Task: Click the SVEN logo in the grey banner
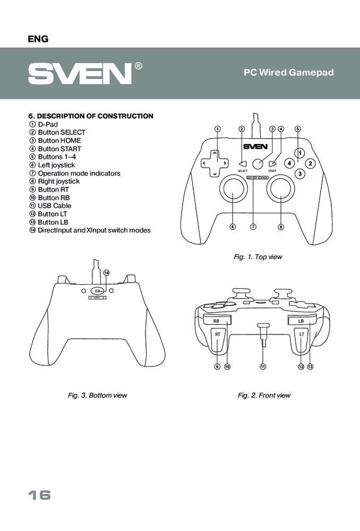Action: click(80, 73)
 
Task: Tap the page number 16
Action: click(40, 495)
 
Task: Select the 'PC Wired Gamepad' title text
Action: click(288, 73)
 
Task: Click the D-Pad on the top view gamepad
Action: click(214, 163)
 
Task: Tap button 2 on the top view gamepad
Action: click(311, 164)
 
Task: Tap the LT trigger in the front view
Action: click(301, 340)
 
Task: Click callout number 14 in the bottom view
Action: click(106, 272)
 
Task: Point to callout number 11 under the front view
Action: click(262, 366)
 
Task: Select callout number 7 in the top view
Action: click(253, 227)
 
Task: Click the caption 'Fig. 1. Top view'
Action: click(258, 257)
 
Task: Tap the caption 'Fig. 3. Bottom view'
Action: click(97, 396)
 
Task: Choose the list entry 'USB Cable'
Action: click(54, 205)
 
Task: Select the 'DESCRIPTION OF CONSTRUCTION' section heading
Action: click(91, 116)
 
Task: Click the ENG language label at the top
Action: click(38, 39)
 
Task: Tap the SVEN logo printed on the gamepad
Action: click(255, 147)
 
